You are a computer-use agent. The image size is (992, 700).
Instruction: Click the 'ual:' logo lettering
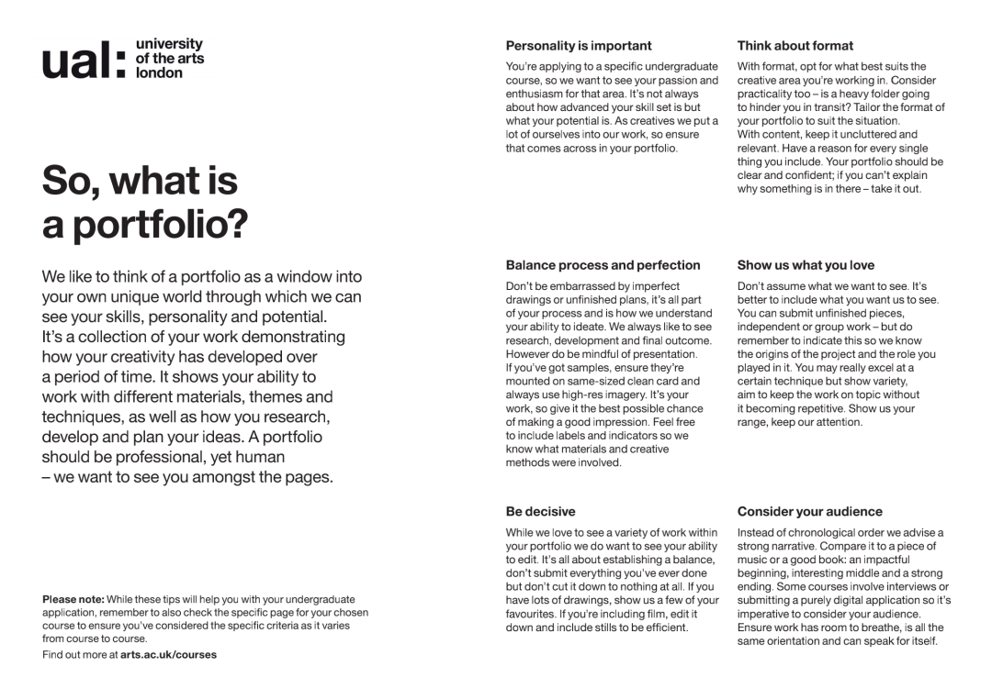click(84, 60)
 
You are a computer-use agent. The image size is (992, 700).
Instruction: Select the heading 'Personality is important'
click(579, 45)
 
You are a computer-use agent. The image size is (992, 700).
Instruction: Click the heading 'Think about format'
click(795, 45)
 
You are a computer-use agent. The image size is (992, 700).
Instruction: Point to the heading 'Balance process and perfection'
click(603, 265)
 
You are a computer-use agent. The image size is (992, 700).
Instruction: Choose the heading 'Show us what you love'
click(806, 265)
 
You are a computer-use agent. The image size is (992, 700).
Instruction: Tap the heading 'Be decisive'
click(541, 511)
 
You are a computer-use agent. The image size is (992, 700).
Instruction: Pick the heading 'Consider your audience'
click(810, 511)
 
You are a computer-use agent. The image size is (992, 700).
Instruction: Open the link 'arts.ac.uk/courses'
click(169, 655)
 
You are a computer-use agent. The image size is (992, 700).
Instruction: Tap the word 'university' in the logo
click(169, 44)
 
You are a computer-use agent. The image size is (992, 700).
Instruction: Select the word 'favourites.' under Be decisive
click(535, 613)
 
